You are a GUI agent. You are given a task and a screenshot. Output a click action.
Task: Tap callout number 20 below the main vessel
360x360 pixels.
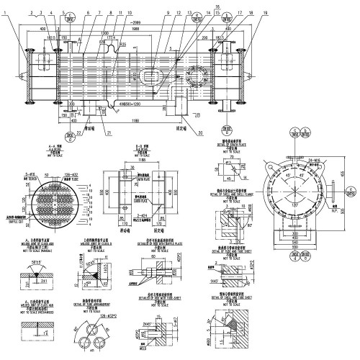(199, 132)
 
